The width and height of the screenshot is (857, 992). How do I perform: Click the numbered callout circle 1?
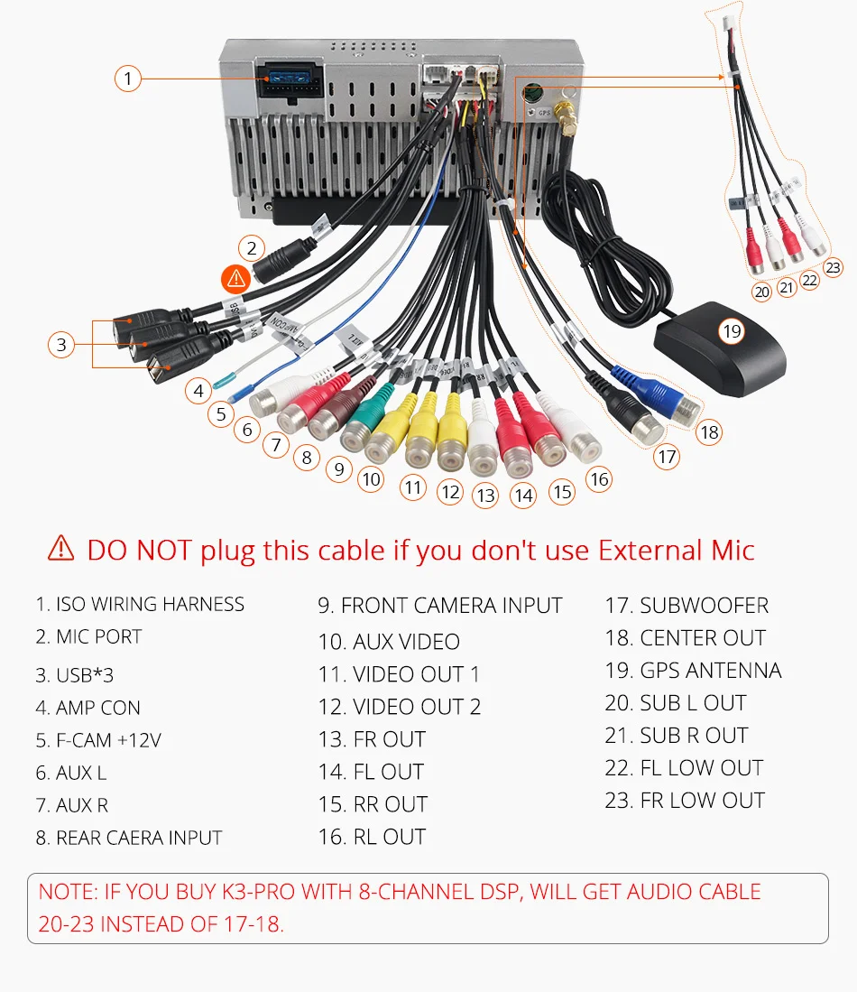128,79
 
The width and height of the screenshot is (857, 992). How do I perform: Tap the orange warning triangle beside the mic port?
235,277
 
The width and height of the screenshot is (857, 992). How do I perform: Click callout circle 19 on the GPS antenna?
732,331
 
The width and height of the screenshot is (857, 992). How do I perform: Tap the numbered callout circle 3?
61,344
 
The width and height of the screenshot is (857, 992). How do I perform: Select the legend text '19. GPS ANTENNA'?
693,671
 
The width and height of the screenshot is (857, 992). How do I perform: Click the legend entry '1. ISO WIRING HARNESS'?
140,604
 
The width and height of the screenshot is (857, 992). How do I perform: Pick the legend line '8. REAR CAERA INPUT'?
129,838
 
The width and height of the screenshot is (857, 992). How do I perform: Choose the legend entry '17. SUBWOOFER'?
687,606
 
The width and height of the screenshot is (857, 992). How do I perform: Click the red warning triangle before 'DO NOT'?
60,547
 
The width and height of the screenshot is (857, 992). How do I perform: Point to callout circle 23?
833,267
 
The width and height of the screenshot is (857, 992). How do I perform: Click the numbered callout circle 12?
450,492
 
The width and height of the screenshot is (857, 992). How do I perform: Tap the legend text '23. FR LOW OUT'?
685,801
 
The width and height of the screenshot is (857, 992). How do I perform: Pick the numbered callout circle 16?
600,479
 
